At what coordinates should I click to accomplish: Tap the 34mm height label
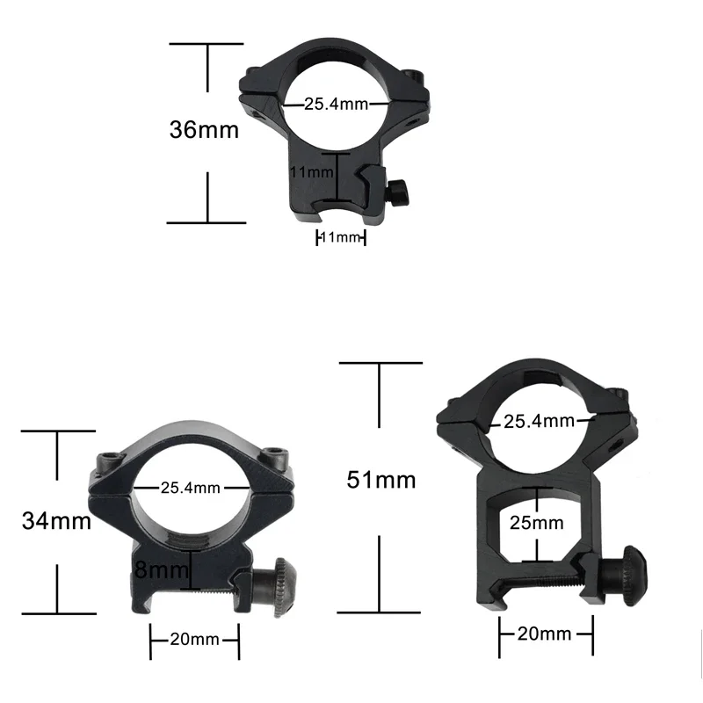56,521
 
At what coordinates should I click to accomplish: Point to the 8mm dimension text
162,571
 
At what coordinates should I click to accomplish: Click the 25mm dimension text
536,523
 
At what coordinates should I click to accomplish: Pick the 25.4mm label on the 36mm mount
335,105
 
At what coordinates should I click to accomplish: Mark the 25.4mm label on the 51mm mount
539,421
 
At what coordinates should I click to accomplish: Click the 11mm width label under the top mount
340,237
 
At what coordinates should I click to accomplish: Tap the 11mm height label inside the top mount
312,172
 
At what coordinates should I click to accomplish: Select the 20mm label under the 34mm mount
194,639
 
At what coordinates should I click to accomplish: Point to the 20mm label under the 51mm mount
545,634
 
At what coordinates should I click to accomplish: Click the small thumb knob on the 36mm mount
401,191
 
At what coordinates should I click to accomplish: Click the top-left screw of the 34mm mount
112,459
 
